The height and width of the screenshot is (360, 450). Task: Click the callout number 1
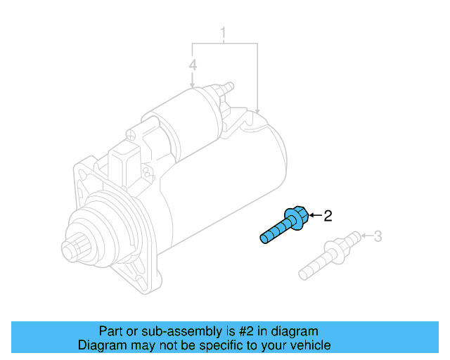point(224,33)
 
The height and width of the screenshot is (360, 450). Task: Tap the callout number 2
point(326,216)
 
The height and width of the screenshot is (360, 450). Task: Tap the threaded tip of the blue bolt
point(264,238)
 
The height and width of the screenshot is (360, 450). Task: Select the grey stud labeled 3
point(329,255)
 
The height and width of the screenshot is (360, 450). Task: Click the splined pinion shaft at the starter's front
point(70,249)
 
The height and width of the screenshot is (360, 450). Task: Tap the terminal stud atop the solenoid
point(226,88)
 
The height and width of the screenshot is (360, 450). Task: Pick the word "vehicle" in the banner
point(309,345)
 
